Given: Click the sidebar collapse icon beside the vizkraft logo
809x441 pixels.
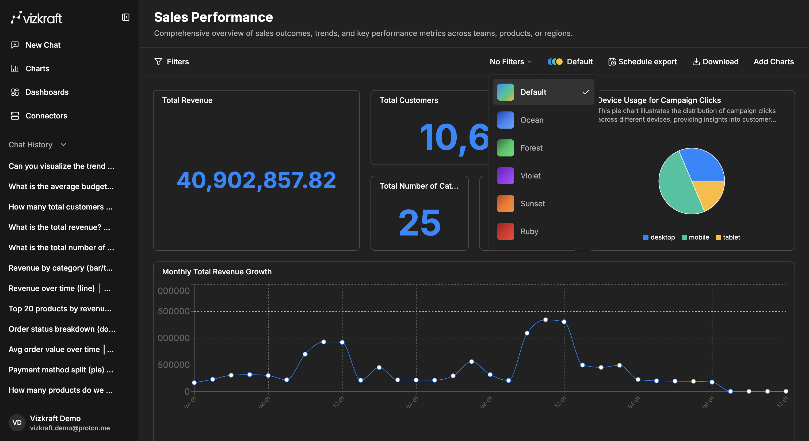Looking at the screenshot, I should (126, 17).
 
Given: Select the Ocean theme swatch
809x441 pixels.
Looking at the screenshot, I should (505, 120).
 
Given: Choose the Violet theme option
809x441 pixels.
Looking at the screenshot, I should (530, 175).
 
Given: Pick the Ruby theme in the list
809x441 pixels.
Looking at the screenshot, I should (529, 231).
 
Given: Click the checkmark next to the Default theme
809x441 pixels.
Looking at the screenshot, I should (585, 92).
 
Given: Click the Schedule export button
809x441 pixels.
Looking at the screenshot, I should (643, 62).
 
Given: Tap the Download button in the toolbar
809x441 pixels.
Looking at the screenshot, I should (715, 62).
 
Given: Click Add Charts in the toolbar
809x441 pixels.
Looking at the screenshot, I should (773, 62).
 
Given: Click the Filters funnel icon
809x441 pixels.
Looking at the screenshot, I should (158, 62).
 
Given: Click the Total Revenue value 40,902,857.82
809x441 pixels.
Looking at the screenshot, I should (256, 180).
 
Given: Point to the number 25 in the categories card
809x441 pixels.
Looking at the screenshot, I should (419, 223).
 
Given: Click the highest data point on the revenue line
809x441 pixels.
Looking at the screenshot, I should (545, 320).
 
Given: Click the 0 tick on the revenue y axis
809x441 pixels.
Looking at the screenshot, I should (187, 392).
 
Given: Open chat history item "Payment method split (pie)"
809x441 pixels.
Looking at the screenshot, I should (61, 369).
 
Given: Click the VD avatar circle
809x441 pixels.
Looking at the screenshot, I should (17, 423).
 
